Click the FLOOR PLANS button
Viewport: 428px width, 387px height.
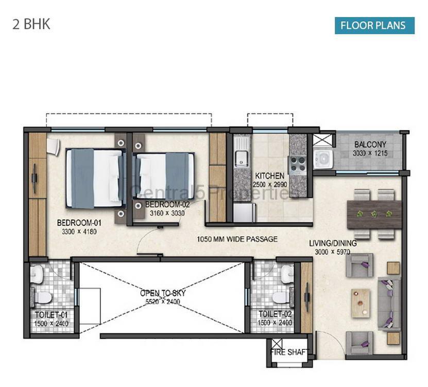374,26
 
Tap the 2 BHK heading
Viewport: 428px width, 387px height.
31,24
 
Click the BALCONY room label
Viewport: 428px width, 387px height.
370,144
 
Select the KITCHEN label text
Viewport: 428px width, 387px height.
270,175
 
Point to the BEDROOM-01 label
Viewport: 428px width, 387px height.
79,223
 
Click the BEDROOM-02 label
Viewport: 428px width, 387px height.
167,204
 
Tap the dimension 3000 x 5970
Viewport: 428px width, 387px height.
333,252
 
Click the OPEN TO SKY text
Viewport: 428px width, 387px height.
163,293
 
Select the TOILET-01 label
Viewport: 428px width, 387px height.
51,315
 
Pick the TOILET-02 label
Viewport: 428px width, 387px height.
275,314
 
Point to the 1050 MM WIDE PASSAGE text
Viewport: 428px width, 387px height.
237,239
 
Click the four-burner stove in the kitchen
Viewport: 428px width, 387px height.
298,165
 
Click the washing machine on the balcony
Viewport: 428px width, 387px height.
323,159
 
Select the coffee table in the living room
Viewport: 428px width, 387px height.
361,303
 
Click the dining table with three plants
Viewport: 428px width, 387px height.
374,215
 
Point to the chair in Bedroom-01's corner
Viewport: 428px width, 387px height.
54,147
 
